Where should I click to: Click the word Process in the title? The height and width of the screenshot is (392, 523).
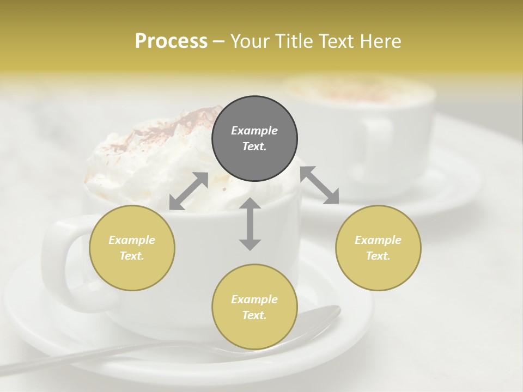[171, 41]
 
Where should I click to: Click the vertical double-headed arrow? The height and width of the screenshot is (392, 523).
[250, 224]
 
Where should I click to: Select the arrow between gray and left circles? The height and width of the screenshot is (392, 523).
[188, 191]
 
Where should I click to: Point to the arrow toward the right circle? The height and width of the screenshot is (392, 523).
[320, 185]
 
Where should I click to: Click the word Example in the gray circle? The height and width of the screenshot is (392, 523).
[254, 131]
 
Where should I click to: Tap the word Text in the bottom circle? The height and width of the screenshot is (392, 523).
[254, 315]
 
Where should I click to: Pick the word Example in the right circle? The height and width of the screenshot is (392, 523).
[378, 240]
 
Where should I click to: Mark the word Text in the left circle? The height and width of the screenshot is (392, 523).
[132, 256]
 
